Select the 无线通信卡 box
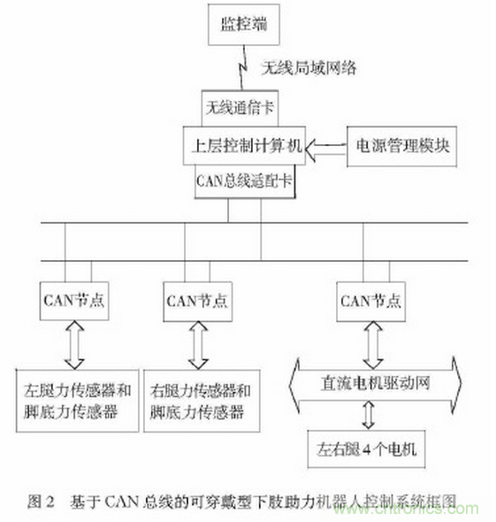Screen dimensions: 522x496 [239, 107]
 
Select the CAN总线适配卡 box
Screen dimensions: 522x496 [244, 181]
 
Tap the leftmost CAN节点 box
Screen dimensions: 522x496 [74, 299]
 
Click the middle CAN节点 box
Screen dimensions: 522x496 [196, 299]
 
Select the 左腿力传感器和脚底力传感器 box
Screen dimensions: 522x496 [78, 399]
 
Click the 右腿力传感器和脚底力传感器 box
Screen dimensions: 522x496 [200, 399]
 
